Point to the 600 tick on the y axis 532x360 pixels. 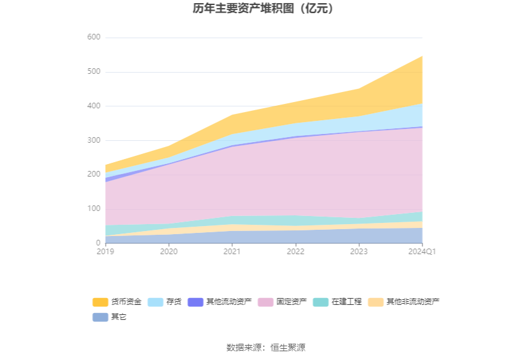click(93, 38)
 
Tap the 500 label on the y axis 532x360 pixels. click(93, 72)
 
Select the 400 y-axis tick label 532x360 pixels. click(93, 106)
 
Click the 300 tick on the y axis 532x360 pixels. click(93, 140)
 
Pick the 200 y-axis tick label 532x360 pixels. click(93, 175)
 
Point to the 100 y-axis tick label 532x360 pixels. click(93, 208)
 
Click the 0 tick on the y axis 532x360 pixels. click(98, 243)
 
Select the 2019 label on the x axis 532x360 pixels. click(106, 252)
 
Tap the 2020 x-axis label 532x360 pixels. click(169, 252)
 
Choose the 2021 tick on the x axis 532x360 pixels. click(232, 252)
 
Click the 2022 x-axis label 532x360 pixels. click(295, 252)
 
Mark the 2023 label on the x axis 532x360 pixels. click(359, 252)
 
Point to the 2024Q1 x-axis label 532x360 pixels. click(422, 252)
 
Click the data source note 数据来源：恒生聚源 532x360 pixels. click(266, 347)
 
